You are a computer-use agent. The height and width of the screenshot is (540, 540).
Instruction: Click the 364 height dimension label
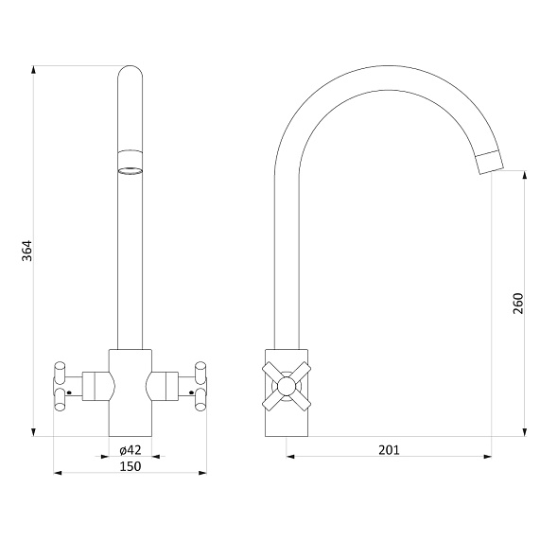(x=26, y=251)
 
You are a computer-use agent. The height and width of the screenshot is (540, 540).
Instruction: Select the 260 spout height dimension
(x=517, y=304)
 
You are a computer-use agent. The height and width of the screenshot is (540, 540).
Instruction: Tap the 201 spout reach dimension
(x=389, y=450)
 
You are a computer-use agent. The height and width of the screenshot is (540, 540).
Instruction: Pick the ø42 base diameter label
(x=131, y=450)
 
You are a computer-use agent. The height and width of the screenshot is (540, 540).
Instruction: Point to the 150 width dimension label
(x=131, y=466)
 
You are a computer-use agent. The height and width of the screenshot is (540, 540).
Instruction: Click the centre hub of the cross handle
(x=287, y=386)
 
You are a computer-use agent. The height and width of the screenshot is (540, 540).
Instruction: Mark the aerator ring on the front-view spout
(x=131, y=163)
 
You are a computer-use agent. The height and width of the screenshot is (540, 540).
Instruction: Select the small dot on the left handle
(x=68, y=392)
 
